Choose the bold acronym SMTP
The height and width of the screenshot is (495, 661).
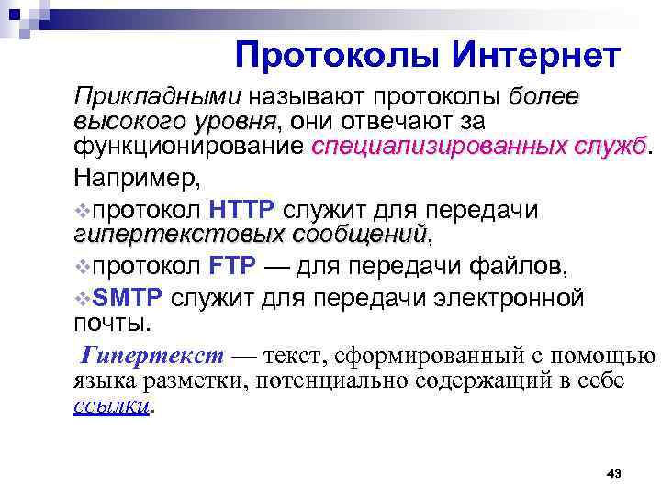click(129, 298)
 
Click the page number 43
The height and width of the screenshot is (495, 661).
click(614, 473)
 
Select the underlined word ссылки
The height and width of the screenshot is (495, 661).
click(110, 407)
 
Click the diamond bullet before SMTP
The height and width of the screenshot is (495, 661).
click(83, 299)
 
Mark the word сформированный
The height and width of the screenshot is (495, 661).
click(430, 356)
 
